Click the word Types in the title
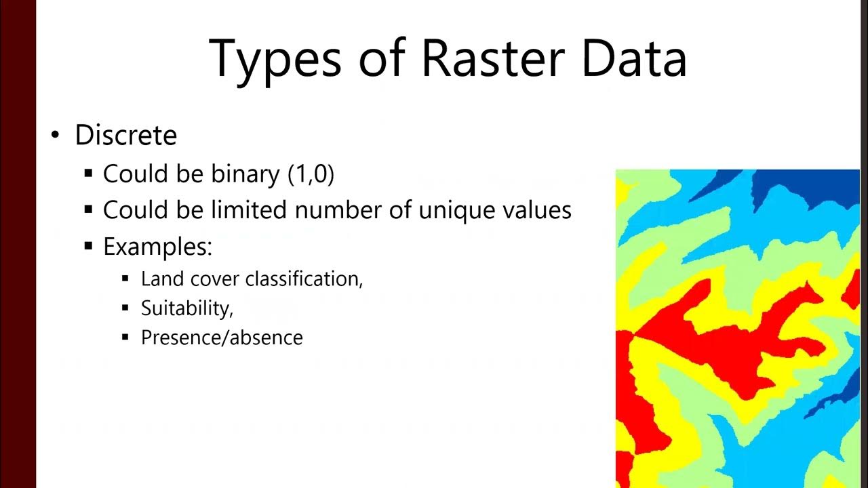tap(275, 58)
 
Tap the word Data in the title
tap(634, 58)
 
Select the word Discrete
tap(126, 136)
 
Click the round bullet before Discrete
tap(56, 136)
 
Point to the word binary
tap(245, 174)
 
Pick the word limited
tap(249, 210)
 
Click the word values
tap(530, 210)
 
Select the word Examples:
tap(157, 246)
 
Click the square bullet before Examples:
tap(88, 246)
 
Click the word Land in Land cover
tap(157, 279)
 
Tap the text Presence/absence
tap(222, 338)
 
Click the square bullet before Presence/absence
tap(125, 337)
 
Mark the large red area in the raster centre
tap(719, 339)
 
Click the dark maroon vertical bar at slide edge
tap(18, 244)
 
